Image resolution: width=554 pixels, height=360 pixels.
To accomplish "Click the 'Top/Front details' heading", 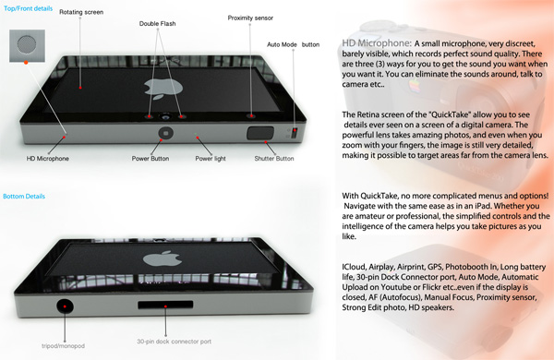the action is tap(29, 8).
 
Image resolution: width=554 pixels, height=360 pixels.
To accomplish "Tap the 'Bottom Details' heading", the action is tap(24, 197).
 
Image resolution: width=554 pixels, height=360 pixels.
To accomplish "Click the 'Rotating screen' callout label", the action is tap(81, 12).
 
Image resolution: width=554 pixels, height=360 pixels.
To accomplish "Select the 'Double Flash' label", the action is tap(157, 24).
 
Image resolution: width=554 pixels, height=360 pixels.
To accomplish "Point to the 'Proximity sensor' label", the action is tap(250, 18).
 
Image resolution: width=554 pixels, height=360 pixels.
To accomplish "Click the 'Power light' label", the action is tap(211, 159).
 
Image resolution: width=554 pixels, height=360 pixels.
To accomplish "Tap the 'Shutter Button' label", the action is tap(274, 159).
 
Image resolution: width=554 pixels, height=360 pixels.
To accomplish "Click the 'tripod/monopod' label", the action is tap(63, 346).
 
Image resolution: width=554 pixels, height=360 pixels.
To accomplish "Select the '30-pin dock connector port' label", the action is tap(175, 342).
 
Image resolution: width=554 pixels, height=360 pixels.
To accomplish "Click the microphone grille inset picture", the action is tap(27, 45).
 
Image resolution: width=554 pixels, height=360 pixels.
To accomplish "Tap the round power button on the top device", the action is tap(165, 133).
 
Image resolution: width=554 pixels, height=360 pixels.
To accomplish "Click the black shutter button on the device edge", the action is tap(260, 133).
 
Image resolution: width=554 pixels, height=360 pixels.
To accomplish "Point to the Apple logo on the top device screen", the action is tap(163, 89).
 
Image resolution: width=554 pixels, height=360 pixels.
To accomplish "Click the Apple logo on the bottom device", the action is tap(163, 258).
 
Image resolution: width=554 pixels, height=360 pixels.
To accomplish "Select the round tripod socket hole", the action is tap(65, 306).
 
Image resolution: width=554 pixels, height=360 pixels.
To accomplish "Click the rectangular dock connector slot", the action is tap(165, 305).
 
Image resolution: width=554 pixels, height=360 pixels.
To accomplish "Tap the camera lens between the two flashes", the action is tap(165, 116).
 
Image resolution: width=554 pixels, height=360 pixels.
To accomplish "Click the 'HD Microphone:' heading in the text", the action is tap(377, 43).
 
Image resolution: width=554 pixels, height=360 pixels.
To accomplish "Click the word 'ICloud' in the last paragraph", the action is tap(354, 267).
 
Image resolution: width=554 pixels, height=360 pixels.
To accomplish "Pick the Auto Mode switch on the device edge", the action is tap(295, 133).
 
